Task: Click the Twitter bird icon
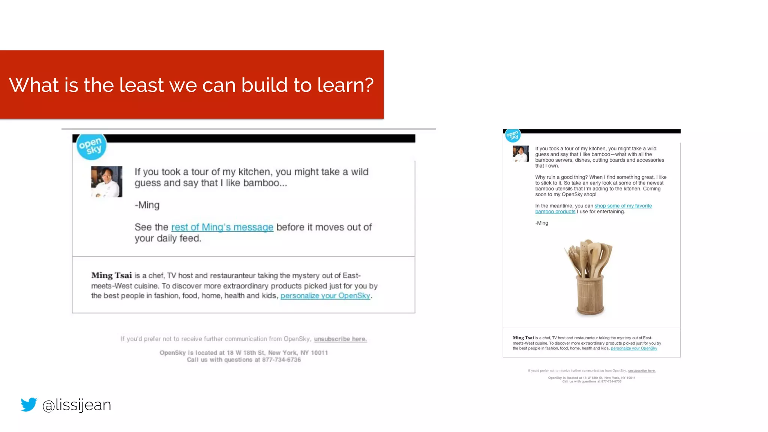click(29, 404)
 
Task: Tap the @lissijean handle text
click(76, 405)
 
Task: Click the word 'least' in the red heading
click(142, 85)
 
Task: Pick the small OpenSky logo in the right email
click(512, 135)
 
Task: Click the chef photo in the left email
click(106, 181)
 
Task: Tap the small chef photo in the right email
click(520, 153)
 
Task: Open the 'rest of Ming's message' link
click(222, 227)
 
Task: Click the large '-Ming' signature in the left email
click(147, 205)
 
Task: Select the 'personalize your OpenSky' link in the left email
click(325, 296)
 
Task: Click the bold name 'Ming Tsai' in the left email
click(111, 276)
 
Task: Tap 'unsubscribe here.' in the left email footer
click(340, 339)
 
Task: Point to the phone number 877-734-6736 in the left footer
click(281, 360)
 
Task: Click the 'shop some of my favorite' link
click(623, 206)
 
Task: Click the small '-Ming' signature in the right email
click(541, 223)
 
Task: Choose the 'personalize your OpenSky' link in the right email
click(634, 348)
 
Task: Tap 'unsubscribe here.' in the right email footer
click(642, 371)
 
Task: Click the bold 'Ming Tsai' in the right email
click(523, 338)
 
